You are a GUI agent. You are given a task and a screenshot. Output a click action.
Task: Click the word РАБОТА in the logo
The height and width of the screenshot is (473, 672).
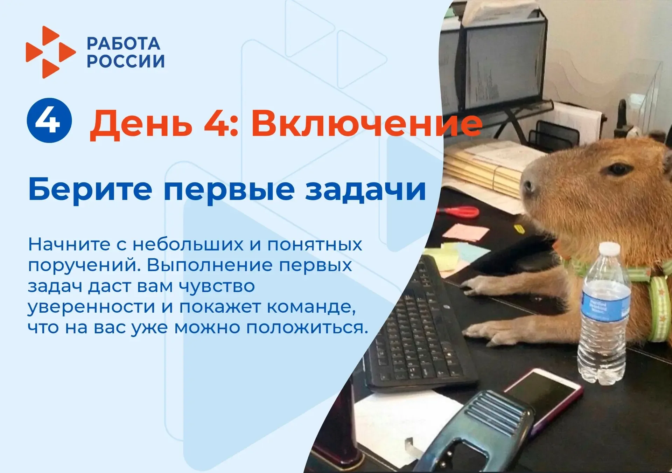[x=124, y=44]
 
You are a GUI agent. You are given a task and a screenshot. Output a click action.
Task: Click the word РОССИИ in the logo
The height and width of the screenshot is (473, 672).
[x=126, y=61]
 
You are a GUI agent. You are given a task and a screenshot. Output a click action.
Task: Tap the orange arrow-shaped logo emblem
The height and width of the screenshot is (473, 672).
[x=50, y=52]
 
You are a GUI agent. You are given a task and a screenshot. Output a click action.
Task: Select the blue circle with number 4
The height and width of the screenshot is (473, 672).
[x=49, y=120]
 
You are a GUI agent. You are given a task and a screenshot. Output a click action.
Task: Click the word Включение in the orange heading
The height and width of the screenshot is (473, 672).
[x=367, y=124]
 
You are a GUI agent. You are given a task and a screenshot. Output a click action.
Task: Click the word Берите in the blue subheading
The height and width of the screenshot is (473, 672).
[x=90, y=189]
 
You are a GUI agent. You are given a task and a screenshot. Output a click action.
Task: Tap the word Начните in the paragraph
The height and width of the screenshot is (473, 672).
[x=69, y=244]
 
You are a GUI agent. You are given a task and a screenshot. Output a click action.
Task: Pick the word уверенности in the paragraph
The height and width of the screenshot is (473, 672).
[x=91, y=307]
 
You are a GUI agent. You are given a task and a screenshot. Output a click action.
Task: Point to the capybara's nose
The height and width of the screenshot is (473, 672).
[x=527, y=185]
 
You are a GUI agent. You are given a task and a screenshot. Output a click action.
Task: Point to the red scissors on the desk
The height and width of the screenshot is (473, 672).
[x=458, y=211]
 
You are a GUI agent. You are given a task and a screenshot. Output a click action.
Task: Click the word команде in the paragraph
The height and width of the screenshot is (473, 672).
[x=311, y=307]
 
